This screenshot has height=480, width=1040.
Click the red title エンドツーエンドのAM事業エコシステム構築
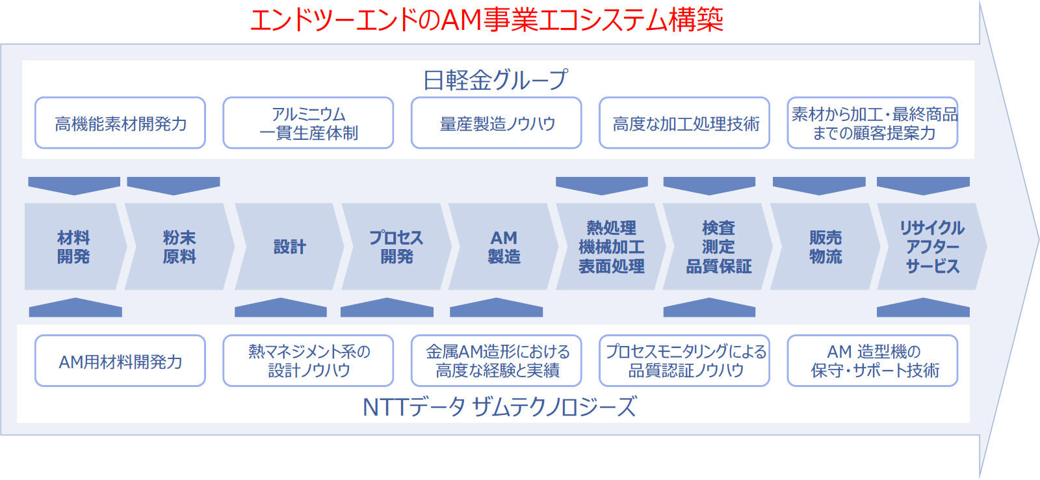coord(487,20)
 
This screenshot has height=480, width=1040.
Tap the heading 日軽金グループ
coord(495,79)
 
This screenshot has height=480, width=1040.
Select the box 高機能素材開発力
coord(120,123)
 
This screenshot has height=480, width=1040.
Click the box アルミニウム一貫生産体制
coord(308,123)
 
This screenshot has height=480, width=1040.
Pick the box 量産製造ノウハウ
coord(497,123)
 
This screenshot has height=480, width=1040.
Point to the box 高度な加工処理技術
coord(684,123)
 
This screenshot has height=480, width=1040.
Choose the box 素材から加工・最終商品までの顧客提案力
coord(872,123)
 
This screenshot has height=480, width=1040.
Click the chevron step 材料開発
coord(74,247)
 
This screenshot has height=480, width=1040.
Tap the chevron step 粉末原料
coord(179,247)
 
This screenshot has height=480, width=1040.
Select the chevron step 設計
coord(290,247)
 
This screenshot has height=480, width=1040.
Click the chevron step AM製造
coord(503,247)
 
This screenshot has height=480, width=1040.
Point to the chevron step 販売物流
coord(825,247)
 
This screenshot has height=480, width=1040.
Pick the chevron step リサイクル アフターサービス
coord(932,247)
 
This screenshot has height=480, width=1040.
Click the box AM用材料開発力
coord(120,361)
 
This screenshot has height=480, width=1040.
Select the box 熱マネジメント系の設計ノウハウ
coord(308,361)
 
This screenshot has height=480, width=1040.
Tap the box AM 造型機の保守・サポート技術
coord(872,361)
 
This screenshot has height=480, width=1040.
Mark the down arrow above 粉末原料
coord(173,185)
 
